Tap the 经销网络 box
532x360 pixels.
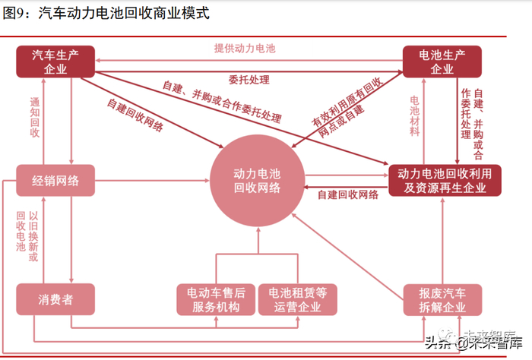pyautogui.click(x=55, y=180)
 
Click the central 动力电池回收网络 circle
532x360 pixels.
pyautogui.click(x=257, y=181)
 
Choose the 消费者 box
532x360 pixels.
pyautogui.click(x=55, y=299)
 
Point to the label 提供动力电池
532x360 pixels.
pyautogui.click(x=244, y=49)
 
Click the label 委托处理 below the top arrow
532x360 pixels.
pyautogui.click(x=248, y=79)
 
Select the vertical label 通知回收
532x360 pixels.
pyautogui.click(x=35, y=117)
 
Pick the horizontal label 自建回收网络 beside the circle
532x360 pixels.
pyautogui.click(x=348, y=195)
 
